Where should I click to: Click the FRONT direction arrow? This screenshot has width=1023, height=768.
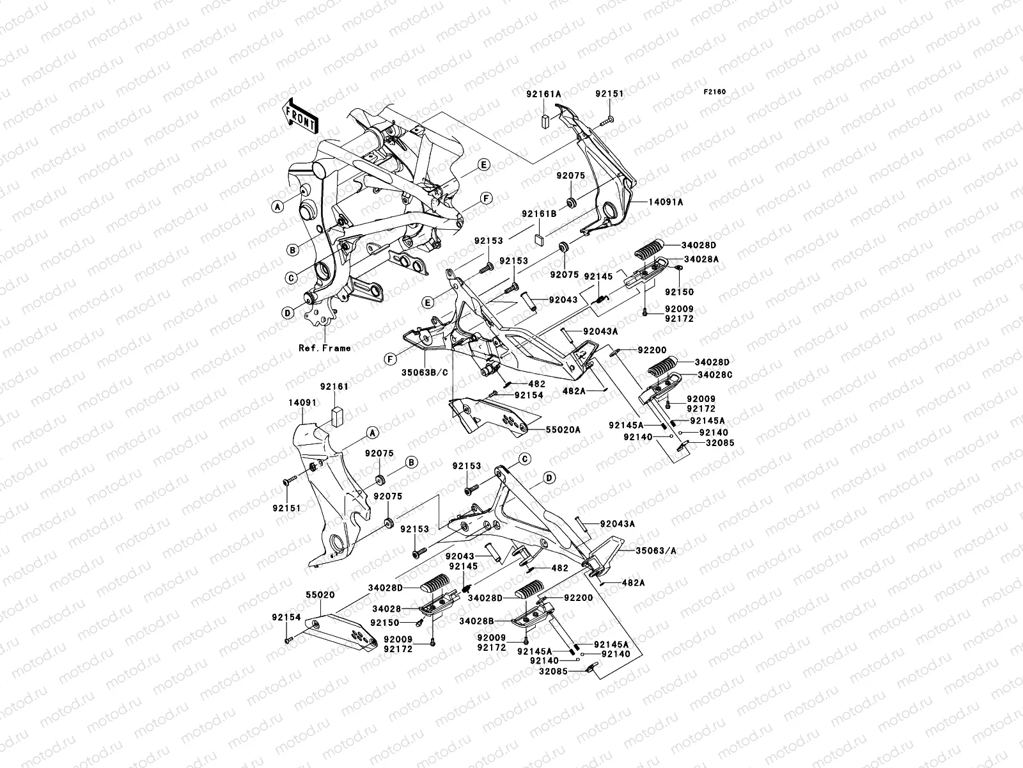[x=310, y=113]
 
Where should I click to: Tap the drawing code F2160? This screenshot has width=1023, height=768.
[x=715, y=92]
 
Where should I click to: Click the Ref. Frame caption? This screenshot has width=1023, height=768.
[x=325, y=348]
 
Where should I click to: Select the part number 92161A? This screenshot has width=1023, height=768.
[x=544, y=93]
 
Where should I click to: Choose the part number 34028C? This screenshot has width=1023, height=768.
[x=715, y=374]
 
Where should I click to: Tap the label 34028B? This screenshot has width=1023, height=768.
[x=477, y=620]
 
